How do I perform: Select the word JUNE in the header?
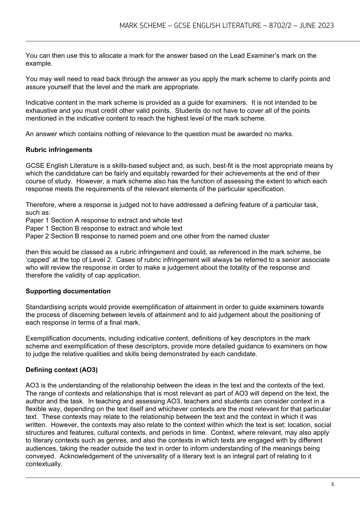tap(307, 25)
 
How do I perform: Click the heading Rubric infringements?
tap(59, 150)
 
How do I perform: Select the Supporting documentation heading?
tap(68, 291)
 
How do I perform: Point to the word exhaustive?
tap(40, 111)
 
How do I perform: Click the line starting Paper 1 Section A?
tap(104, 220)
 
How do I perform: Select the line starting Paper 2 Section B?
tap(147, 236)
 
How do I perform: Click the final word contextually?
tap(44, 464)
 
